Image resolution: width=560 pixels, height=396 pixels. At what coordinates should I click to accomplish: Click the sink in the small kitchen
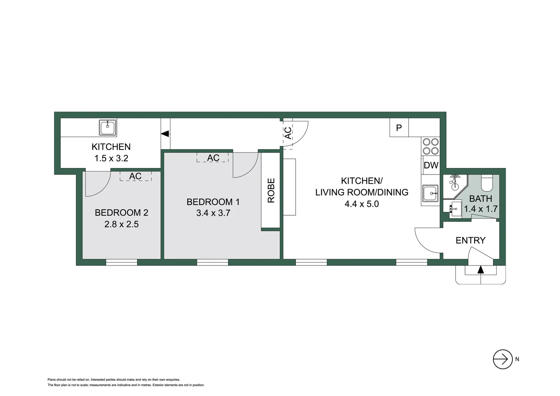[108, 128]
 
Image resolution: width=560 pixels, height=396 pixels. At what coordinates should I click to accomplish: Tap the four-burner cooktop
[430, 146]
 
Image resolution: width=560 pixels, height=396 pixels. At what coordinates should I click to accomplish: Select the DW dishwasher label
[431, 165]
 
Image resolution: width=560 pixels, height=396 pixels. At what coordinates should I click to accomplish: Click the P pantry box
[399, 128]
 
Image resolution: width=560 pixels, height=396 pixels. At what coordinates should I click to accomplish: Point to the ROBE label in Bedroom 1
[271, 190]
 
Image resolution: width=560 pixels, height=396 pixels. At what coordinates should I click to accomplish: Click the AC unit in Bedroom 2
[135, 176]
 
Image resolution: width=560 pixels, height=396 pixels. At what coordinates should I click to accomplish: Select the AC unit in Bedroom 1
[213, 158]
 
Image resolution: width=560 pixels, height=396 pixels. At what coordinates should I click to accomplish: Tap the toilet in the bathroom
[487, 184]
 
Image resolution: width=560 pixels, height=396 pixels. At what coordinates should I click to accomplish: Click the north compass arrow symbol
[502, 359]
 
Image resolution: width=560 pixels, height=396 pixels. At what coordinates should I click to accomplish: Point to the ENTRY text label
[470, 240]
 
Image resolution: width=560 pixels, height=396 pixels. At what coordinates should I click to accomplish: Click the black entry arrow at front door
[480, 270]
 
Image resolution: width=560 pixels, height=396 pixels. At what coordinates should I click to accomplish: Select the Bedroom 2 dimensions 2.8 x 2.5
[121, 224]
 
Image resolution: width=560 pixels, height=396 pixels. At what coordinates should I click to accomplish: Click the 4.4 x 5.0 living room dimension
[361, 204]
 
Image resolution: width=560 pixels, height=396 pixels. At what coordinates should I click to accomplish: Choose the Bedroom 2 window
[121, 262]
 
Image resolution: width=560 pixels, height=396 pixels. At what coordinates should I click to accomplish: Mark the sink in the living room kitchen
[430, 193]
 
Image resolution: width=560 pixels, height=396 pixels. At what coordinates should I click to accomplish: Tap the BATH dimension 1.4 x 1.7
[480, 209]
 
